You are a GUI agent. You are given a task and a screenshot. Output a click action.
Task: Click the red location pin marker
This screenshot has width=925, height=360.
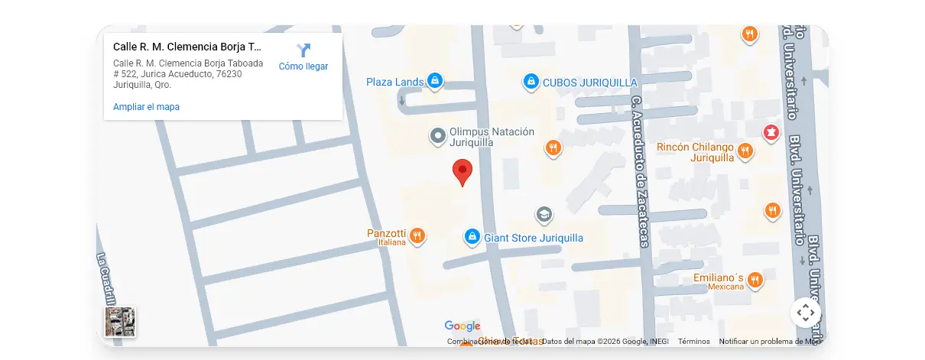(x=462, y=171)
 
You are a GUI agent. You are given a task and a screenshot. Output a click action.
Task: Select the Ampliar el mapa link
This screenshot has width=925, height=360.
(x=146, y=107)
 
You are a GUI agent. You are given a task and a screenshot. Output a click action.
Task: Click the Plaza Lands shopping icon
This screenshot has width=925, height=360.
(x=434, y=80)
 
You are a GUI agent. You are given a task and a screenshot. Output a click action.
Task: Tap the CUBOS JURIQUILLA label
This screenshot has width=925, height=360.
(x=589, y=83)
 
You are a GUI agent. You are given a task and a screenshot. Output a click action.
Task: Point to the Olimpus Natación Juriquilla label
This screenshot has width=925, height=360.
(x=492, y=137)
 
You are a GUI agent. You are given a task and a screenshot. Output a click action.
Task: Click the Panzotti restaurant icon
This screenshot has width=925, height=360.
(x=417, y=235)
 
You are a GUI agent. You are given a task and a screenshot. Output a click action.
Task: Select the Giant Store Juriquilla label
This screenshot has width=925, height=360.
(x=534, y=238)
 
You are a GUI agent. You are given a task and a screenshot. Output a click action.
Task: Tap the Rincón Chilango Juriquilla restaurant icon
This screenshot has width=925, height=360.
(x=745, y=152)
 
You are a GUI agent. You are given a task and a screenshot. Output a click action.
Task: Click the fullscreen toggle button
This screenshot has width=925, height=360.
(x=805, y=313)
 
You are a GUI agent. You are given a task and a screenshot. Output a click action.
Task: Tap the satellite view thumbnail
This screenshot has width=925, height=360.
(x=120, y=322)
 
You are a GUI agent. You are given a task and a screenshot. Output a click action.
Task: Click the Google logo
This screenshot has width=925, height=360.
(x=462, y=326)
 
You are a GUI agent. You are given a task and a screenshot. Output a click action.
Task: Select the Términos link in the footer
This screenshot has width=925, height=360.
(x=693, y=342)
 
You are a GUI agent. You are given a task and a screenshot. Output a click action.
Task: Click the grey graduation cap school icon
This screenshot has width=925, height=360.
(x=544, y=215)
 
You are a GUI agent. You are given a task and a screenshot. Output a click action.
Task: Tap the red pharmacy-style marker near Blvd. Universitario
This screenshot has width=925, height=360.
(x=771, y=133)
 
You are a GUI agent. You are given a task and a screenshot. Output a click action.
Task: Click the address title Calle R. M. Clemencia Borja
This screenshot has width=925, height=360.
(x=187, y=47)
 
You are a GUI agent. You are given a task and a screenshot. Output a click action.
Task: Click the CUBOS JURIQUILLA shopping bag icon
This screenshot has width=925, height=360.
(x=531, y=80)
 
